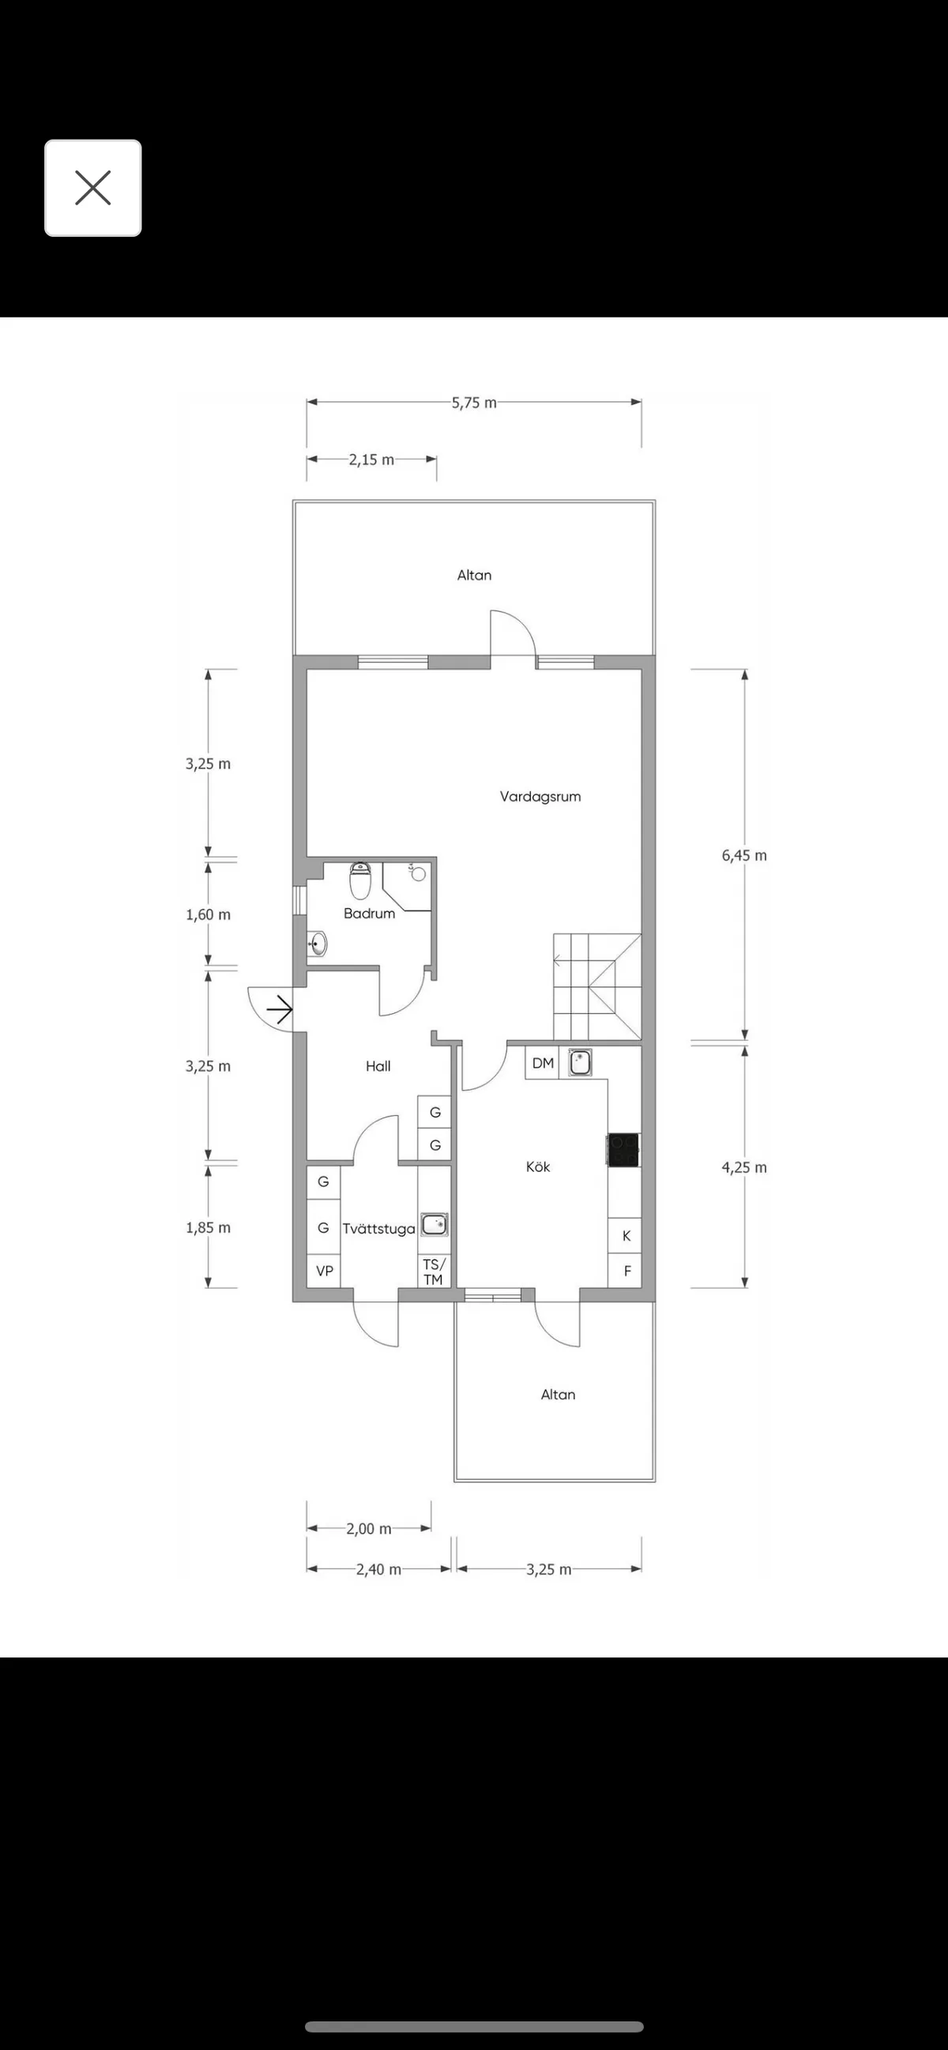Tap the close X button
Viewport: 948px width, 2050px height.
tap(93, 189)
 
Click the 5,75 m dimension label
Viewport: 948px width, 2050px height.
tap(473, 403)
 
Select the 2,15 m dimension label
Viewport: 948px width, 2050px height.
tap(371, 459)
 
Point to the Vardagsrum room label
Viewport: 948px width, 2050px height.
tap(540, 797)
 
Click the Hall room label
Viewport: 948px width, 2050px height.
tap(378, 1066)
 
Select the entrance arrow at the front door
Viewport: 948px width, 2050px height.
tap(280, 1010)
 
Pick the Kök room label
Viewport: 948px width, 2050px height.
tap(538, 1166)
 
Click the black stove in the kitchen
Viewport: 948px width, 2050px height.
tap(623, 1150)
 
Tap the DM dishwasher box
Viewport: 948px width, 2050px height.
tap(543, 1063)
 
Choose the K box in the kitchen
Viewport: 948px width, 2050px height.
tap(626, 1236)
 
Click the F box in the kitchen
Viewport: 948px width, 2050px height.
tap(626, 1271)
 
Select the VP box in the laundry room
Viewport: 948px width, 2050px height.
tap(324, 1271)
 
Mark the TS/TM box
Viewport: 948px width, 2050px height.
tap(434, 1271)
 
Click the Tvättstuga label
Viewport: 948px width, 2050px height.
tap(379, 1229)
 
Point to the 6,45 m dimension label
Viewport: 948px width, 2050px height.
tap(744, 855)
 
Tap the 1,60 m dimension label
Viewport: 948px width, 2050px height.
tap(208, 915)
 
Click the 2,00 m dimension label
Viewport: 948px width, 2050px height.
tap(368, 1529)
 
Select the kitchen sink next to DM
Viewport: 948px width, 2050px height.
tap(581, 1062)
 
